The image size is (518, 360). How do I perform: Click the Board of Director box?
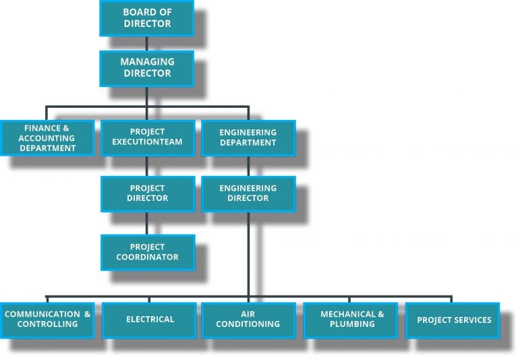click(x=146, y=18)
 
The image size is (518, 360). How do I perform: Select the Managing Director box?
click(x=146, y=68)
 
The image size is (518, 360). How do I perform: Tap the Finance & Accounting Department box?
click(x=47, y=138)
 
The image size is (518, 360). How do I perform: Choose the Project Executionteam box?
click(x=147, y=138)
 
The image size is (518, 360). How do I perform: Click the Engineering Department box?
click(x=248, y=138)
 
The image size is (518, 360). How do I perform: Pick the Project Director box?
click(x=147, y=193)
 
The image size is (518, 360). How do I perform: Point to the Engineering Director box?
click(x=248, y=193)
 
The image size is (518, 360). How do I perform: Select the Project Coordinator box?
click(x=147, y=252)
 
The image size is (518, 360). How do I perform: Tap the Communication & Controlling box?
click(x=47, y=320)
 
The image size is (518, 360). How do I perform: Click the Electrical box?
click(x=150, y=320)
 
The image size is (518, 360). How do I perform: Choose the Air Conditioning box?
click(x=248, y=320)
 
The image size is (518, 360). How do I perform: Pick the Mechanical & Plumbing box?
click(x=351, y=320)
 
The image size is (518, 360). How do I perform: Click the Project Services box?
click(x=453, y=320)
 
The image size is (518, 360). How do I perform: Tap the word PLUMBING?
click(x=351, y=324)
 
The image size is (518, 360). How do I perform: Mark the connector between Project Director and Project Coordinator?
click(x=147, y=224)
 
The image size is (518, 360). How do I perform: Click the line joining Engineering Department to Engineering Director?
click(x=248, y=166)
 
